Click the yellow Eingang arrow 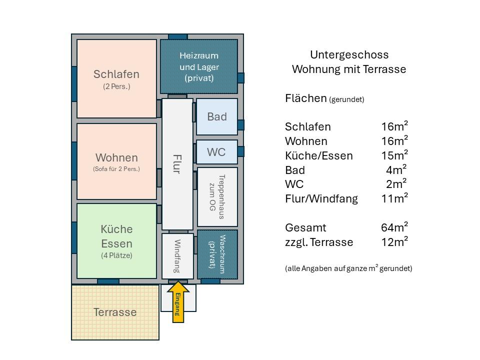coord(177,301)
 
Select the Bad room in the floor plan coord(216,116)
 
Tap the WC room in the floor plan coord(216,152)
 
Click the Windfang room coord(177,256)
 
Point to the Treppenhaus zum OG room coord(217,197)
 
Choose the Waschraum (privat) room coord(217,254)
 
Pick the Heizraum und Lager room coord(198,66)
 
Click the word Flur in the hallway coord(176,163)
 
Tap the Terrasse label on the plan coord(115,312)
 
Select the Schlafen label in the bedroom coord(116,74)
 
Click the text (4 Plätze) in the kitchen coord(116,256)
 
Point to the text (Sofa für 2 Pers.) coord(116,169)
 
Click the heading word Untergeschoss coord(349,54)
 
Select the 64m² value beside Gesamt coord(394,227)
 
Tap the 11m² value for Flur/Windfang coord(394,198)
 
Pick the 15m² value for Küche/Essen coord(394,155)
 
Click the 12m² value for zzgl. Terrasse coord(394,242)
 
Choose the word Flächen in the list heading coord(305,98)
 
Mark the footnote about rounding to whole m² coord(348,268)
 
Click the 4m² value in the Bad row coord(396,169)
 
